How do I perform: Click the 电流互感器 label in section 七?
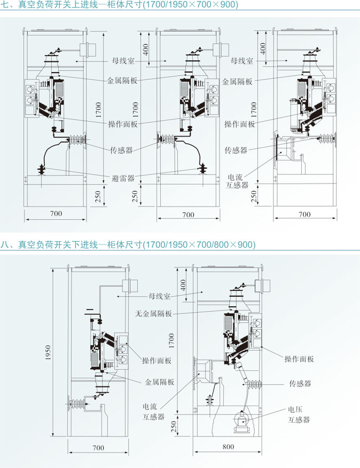[x=238, y=181]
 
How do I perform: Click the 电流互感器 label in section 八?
[x=153, y=411]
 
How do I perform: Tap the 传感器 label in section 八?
[x=300, y=383]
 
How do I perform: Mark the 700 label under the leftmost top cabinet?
[x=56, y=214]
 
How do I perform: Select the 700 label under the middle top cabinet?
[x=189, y=214]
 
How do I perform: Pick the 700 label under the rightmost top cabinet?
[x=304, y=214]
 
